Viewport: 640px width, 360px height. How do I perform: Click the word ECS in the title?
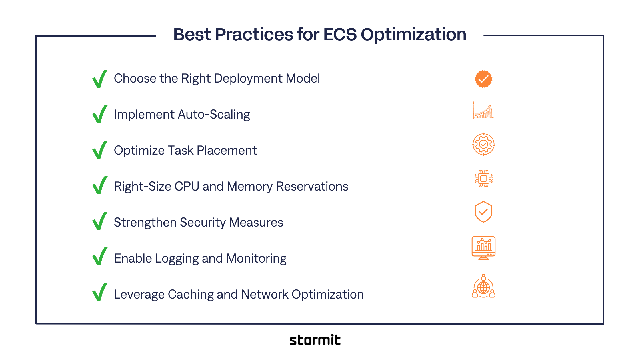tap(340, 35)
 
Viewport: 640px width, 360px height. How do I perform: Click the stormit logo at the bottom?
tap(315, 340)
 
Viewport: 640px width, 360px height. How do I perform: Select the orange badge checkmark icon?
tap(483, 79)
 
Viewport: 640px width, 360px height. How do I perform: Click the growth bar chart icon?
tap(483, 111)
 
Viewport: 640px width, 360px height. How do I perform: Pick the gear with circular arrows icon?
tap(483, 144)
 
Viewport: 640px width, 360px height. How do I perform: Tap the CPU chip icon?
tap(483, 179)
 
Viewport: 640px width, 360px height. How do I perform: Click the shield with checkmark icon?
tap(483, 212)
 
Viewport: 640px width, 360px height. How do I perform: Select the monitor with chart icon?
tap(483, 248)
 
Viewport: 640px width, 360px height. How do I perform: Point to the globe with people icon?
tap(483, 287)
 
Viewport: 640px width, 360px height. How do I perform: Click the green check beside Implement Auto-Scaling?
tap(100, 114)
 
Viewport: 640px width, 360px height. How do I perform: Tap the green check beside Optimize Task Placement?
tap(100, 150)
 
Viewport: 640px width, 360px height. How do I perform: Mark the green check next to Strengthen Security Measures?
tap(100, 221)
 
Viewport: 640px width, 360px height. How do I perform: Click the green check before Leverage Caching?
tap(100, 292)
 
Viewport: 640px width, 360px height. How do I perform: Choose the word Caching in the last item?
tap(191, 295)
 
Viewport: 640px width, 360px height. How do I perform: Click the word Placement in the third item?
tap(227, 151)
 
